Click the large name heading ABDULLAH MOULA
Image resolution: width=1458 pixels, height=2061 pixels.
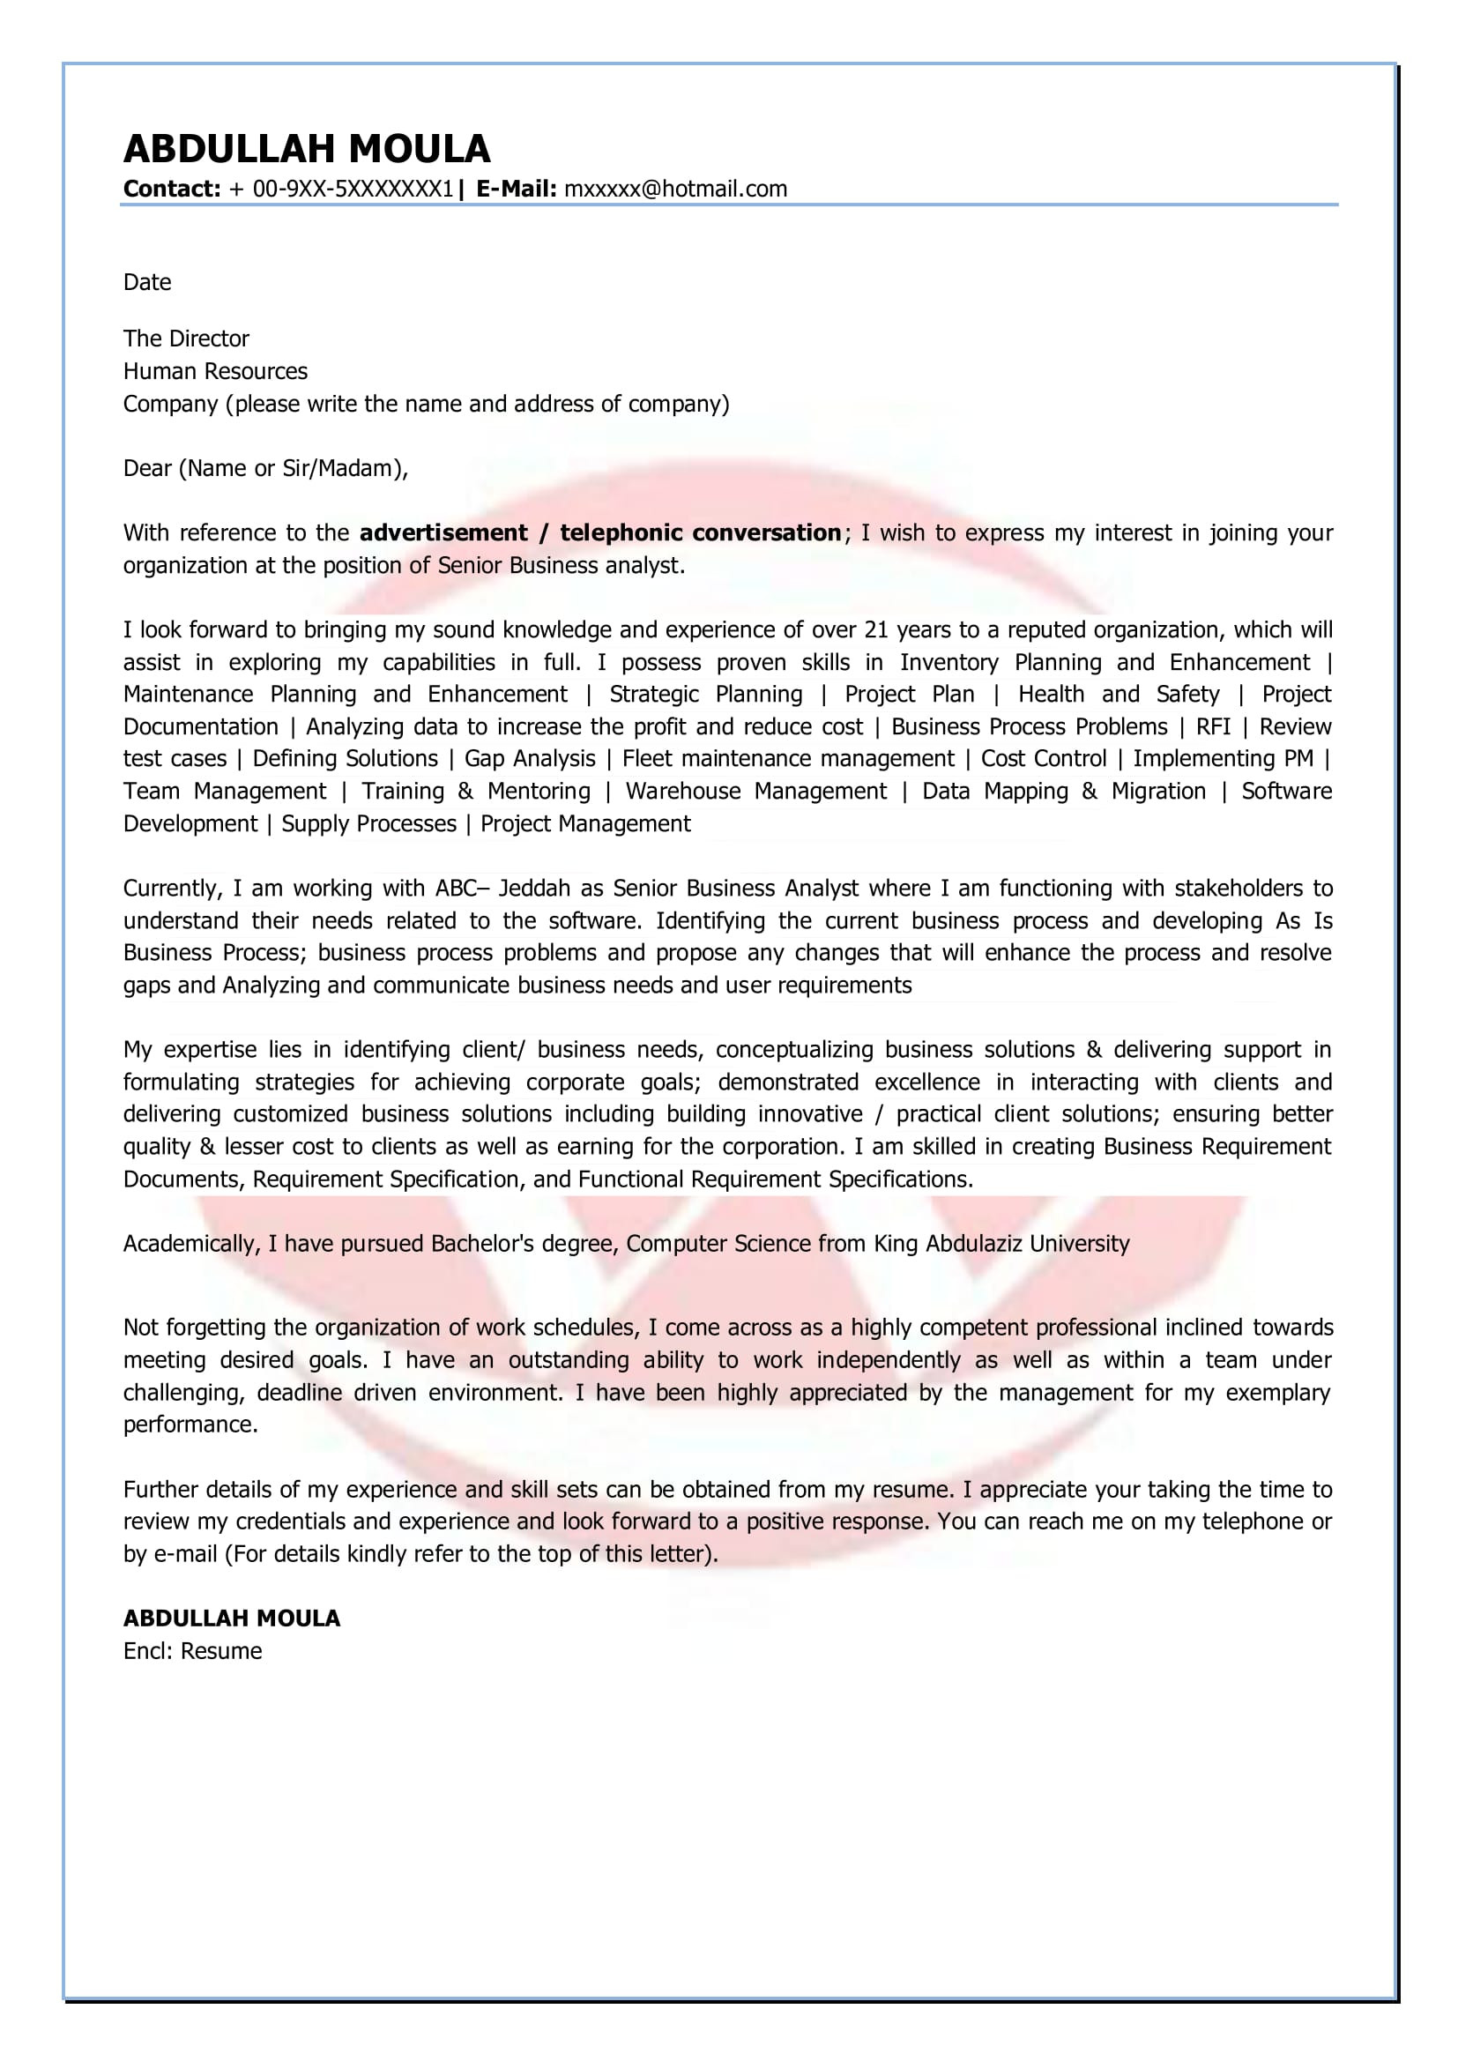click(307, 149)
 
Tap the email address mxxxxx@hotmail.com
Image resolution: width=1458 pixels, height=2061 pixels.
click(675, 189)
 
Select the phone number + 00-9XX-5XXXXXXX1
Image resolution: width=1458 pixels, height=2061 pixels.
click(341, 189)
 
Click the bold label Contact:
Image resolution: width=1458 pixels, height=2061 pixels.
click(172, 189)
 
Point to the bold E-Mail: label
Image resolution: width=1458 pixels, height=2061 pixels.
click(517, 189)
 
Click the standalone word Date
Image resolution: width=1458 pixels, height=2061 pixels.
click(147, 282)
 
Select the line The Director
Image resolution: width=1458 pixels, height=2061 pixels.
click(186, 339)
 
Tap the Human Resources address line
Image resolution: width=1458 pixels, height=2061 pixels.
click(215, 371)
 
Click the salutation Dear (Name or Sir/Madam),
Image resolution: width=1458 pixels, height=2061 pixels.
click(265, 468)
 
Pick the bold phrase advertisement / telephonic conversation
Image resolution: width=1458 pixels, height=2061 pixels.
click(599, 532)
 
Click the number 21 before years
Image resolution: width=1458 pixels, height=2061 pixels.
click(875, 629)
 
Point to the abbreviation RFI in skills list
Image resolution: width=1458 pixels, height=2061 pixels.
click(1213, 726)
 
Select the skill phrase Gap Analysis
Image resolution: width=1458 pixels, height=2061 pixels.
click(530, 758)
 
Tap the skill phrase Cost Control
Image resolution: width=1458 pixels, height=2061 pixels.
click(1043, 758)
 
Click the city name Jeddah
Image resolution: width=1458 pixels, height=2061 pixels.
click(534, 888)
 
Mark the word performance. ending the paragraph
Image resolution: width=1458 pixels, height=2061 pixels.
click(190, 1425)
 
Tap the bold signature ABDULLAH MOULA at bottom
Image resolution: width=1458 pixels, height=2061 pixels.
click(232, 1618)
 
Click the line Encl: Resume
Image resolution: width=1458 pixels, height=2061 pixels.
click(193, 1651)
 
